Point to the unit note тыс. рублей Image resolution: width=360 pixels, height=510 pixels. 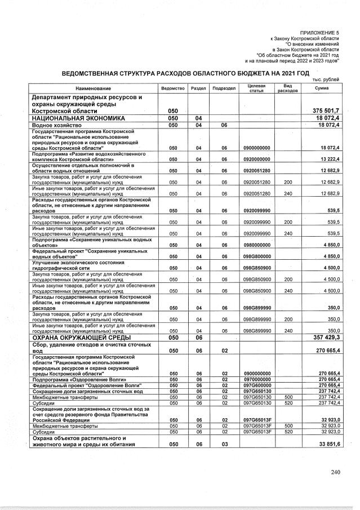pyautogui.click(x=326, y=79)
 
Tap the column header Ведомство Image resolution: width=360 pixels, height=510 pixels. pyautogui.click(x=173, y=88)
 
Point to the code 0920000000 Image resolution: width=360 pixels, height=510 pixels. pyautogui.click(x=257, y=159)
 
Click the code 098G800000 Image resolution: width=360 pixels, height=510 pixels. pyautogui.click(x=257, y=256)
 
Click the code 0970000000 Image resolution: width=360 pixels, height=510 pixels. pyautogui.click(x=257, y=379)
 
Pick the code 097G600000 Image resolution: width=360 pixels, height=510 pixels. pyautogui.click(x=257, y=385)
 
